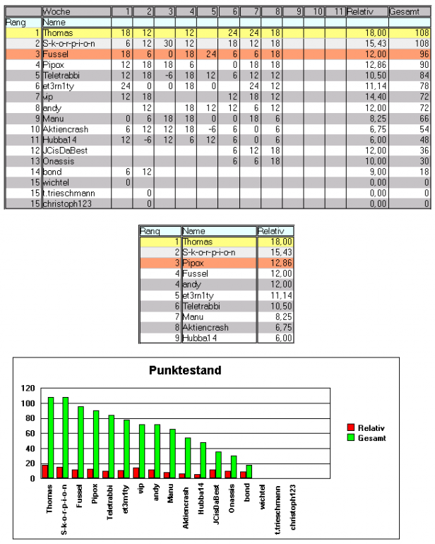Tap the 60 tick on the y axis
click(x=28, y=433)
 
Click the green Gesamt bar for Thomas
click(x=51, y=438)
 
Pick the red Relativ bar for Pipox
click(x=90, y=473)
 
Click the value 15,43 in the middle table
click(x=273, y=252)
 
